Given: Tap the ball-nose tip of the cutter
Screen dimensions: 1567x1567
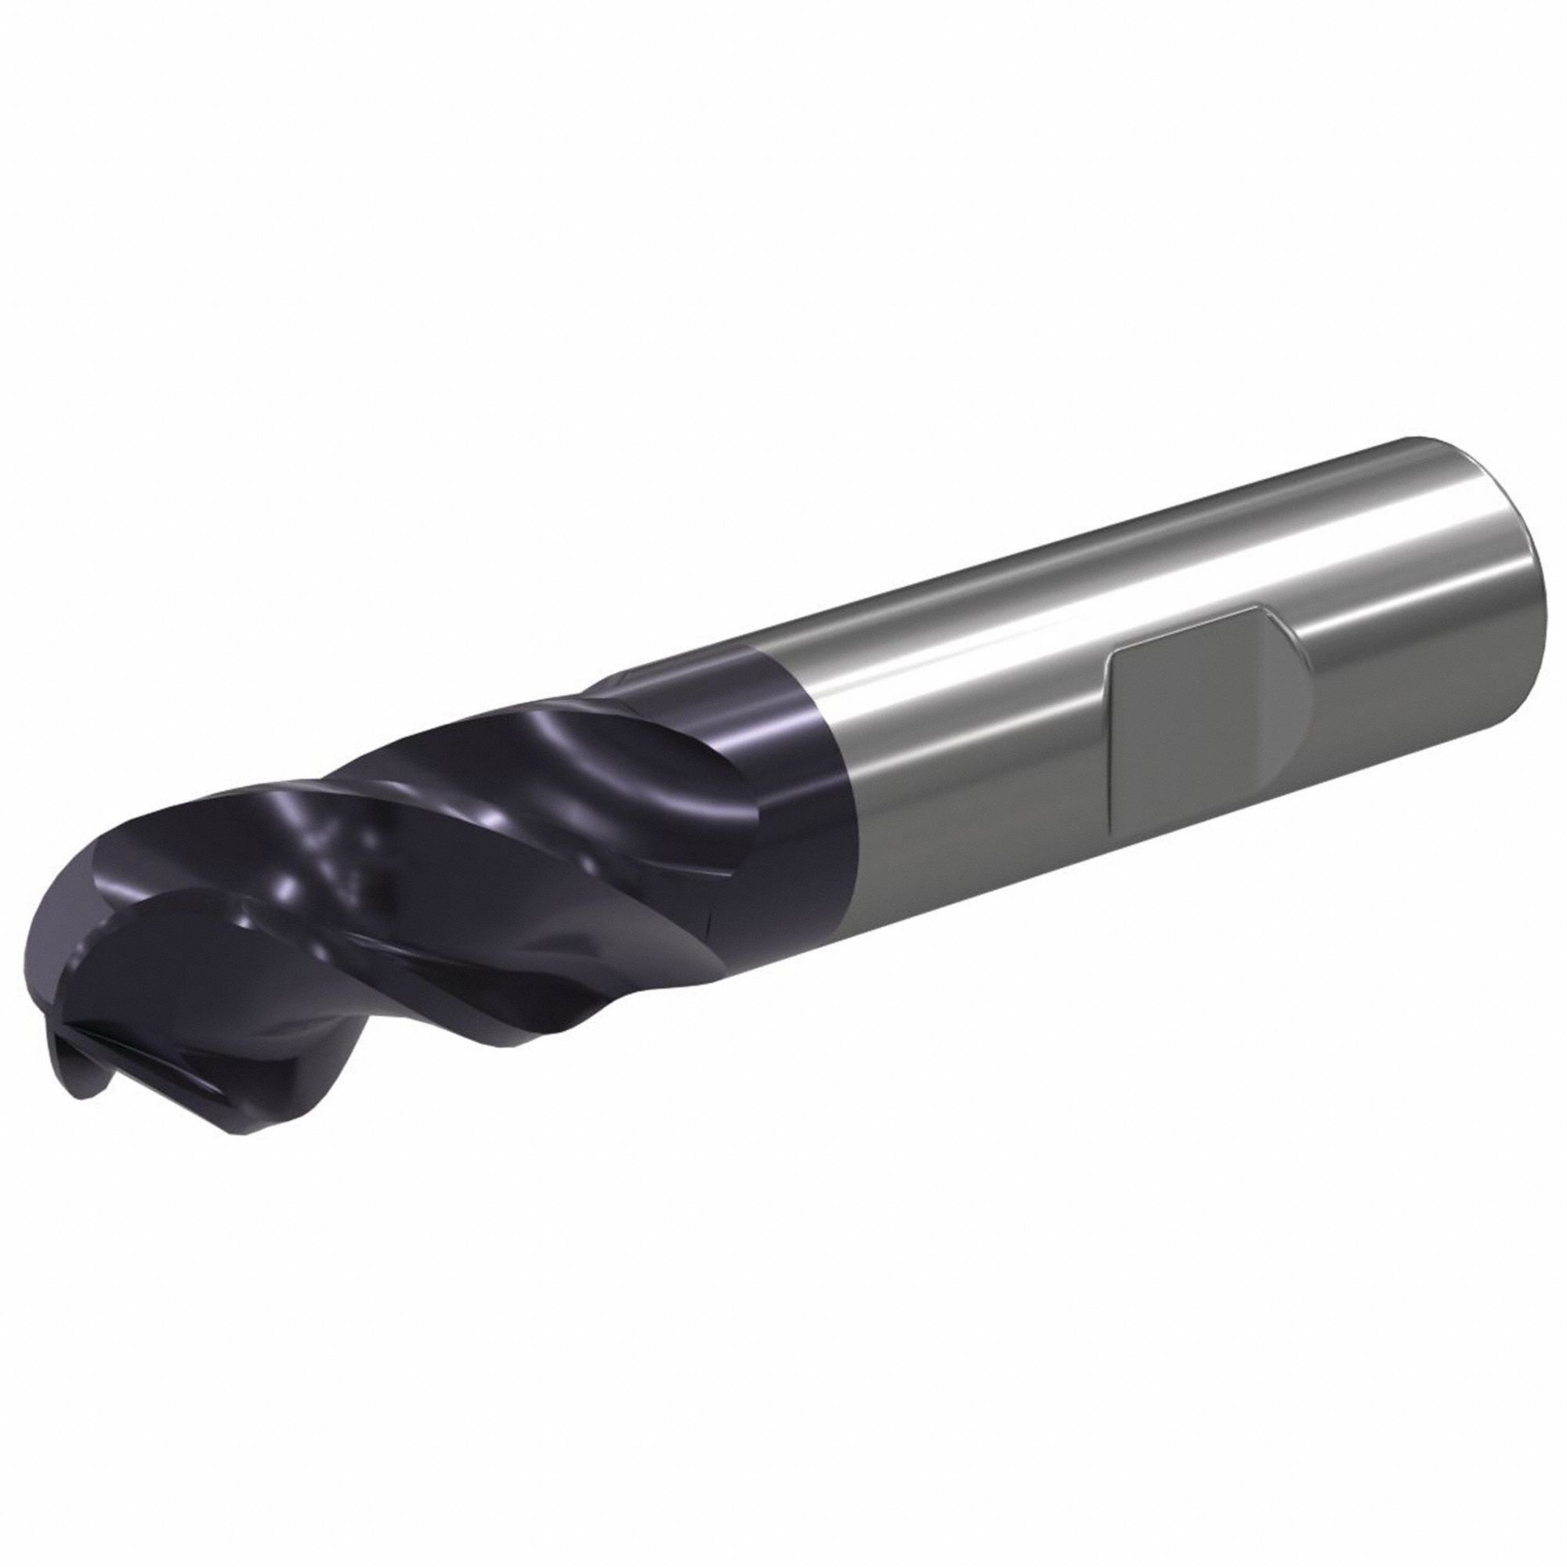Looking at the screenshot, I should click(65, 973).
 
